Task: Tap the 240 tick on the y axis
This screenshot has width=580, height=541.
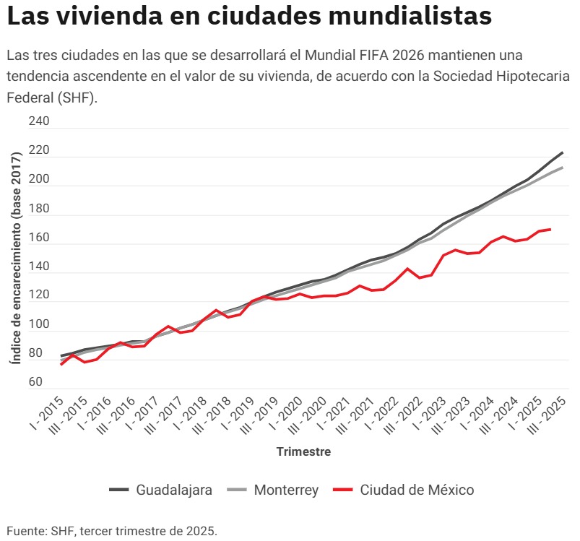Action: [x=39, y=122]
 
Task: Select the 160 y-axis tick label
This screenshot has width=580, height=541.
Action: [x=39, y=238]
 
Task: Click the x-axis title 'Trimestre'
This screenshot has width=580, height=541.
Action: [x=303, y=452]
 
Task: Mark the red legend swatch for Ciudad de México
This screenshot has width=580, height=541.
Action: [x=343, y=490]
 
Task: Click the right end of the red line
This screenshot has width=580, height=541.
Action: [x=550, y=230]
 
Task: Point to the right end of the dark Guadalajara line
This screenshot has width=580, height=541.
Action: [x=562, y=152]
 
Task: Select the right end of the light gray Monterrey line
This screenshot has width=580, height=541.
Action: [x=562, y=168]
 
